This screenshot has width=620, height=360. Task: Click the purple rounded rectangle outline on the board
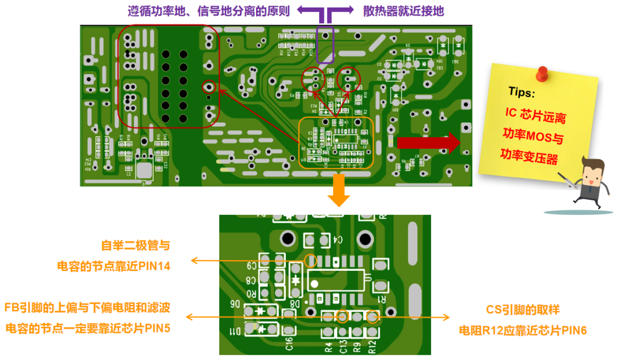(x=326, y=44)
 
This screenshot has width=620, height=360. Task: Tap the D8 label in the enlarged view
(x=294, y=303)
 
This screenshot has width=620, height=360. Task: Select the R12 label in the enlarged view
(x=372, y=346)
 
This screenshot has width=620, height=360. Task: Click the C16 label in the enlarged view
(x=289, y=343)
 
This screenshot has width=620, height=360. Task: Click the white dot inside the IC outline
(x=314, y=283)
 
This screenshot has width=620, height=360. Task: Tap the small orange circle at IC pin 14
(x=310, y=261)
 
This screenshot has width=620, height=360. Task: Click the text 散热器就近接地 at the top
(x=403, y=11)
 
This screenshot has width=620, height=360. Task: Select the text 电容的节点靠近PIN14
(x=113, y=266)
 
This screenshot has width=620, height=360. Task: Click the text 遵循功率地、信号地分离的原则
(x=208, y=11)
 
